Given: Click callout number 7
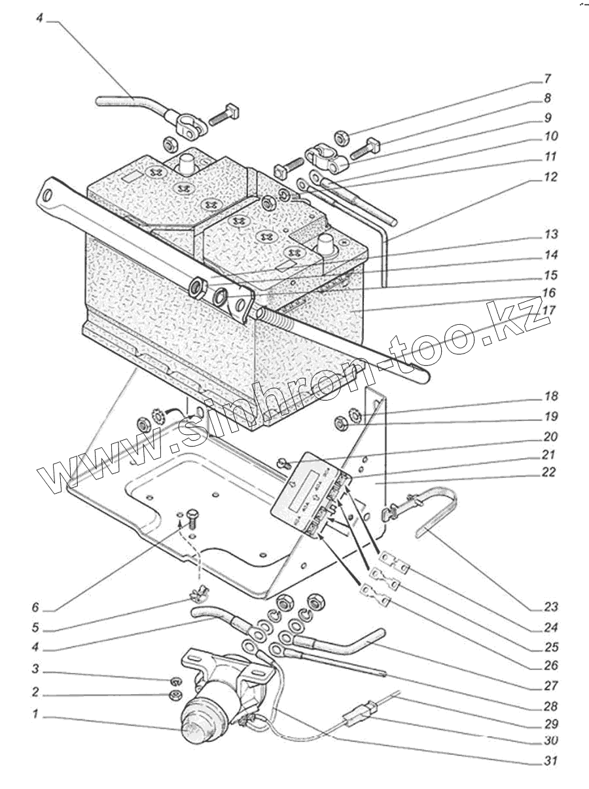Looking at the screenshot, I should [x=548, y=81].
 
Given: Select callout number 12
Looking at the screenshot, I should [x=550, y=177].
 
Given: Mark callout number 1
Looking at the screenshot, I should [x=37, y=715].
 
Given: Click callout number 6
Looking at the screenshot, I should [x=37, y=607].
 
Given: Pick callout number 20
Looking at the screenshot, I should [x=550, y=437].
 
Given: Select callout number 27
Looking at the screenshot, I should [x=550, y=686].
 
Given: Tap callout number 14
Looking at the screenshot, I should [x=550, y=255].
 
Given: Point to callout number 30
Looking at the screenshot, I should [x=550, y=741].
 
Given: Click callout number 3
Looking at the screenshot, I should [x=37, y=670].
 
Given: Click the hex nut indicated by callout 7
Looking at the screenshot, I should [x=341, y=138].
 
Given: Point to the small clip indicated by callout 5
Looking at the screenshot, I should [x=194, y=595].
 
